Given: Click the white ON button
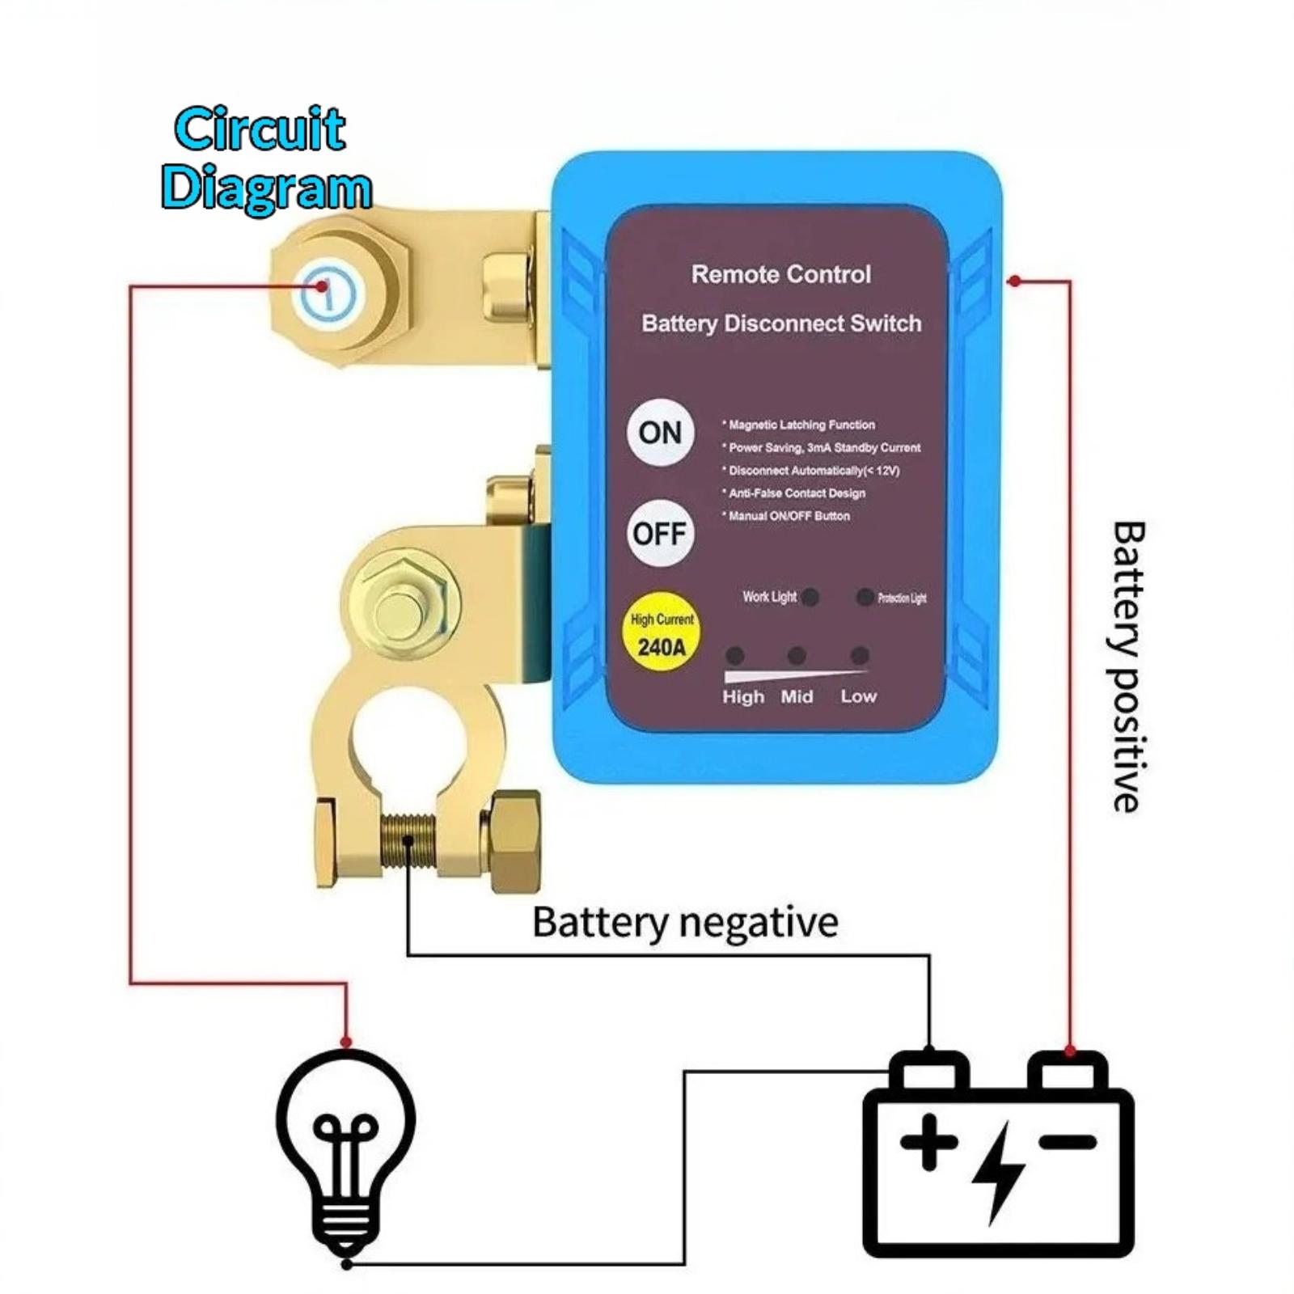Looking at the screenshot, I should tap(660, 433).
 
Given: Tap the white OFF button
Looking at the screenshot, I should tap(660, 534).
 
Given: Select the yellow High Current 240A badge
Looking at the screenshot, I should tap(662, 634).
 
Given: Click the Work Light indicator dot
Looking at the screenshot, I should tap(810, 597).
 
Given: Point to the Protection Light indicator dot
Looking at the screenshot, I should tap(865, 597).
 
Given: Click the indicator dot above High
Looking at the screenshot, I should tap(735, 655).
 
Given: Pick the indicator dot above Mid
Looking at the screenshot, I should tap(797, 655).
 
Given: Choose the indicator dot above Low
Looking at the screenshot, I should tap(860, 655).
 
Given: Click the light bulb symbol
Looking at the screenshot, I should tap(346, 1148).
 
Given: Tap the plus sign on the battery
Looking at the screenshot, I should tap(928, 1142).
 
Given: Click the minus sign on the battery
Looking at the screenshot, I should tap(1068, 1141).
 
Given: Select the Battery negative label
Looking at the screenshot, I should tap(685, 922).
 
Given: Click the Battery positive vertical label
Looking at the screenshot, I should tap(1127, 666).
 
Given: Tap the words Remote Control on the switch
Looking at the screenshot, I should tap(781, 274).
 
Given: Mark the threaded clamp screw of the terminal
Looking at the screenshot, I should tap(408, 841).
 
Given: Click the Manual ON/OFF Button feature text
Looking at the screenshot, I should tap(789, 516).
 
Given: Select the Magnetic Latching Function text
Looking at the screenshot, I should tap(801, 425).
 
